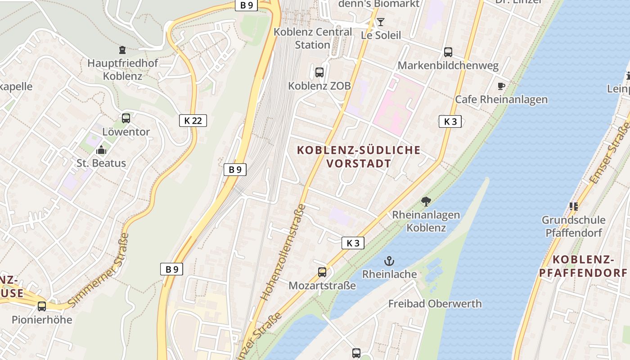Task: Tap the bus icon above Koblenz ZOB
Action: pos(319,72)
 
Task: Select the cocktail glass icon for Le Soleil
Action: pos(381,22)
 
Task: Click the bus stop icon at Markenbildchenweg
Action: pos(448,52)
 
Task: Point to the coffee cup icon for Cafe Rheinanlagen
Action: pos(501,86)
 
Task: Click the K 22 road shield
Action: pos(193,121)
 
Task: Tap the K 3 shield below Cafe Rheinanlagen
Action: pos(450,121)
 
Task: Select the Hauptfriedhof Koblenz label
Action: pos(122,69)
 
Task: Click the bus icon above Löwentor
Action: pos(126,118)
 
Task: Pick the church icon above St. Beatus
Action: pos(101,149)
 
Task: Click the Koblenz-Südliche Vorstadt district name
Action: pos(359,157)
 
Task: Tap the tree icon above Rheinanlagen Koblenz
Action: pos(426,201)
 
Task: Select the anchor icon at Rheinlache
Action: pos(389,261)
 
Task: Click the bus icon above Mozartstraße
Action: pos(322,272)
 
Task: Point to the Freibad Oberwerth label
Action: pos(435,304)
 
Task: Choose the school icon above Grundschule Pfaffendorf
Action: pos(573,207)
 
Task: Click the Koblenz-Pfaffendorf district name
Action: pos(583,266)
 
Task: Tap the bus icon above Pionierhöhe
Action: pos(42,306)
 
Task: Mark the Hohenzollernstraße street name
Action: pos(283,252)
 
